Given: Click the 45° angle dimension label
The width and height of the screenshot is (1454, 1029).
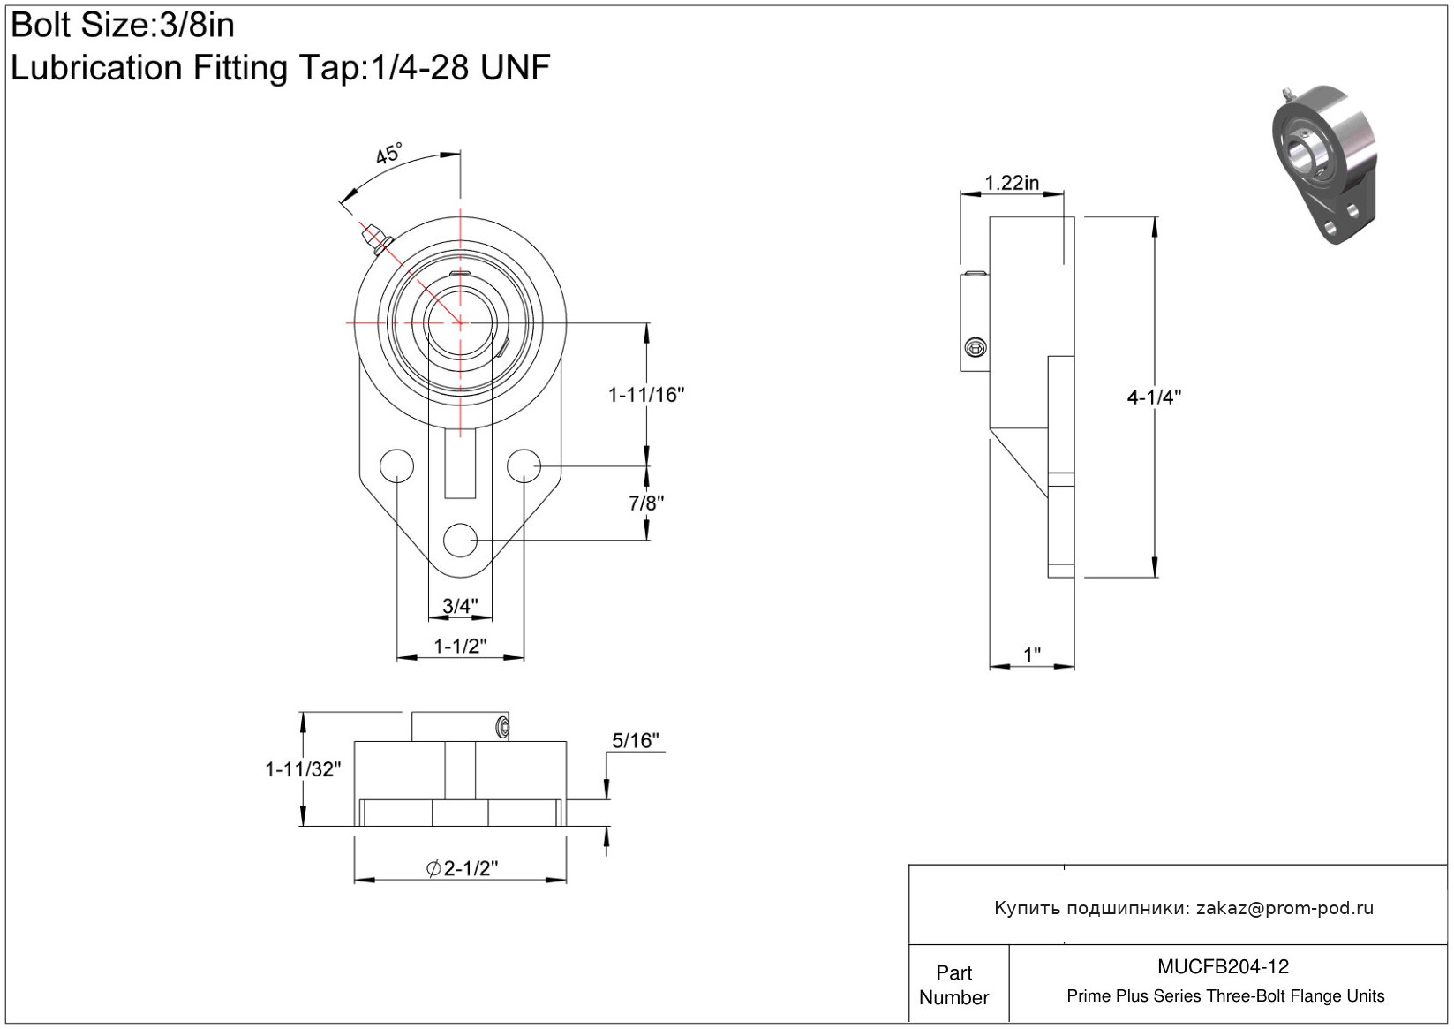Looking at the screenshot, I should [389, 154].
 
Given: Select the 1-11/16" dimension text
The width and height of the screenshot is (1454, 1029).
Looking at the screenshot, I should [646, 395].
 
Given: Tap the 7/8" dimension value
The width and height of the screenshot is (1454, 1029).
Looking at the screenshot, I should [646, 503].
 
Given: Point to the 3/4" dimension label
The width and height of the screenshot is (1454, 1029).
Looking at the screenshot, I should [460, 606].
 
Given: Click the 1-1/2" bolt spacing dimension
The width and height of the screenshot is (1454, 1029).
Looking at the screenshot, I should [460, 646].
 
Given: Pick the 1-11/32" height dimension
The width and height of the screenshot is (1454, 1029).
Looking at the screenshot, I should [303, 769].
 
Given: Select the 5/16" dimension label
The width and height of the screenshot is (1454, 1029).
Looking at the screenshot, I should [636, 740].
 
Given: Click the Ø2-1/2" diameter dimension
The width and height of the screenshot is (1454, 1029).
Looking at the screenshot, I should [462, 868].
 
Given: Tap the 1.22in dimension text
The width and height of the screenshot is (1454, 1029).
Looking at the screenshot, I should [1012, 183].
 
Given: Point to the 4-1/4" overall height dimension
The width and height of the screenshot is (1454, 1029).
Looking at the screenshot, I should [1154, 397].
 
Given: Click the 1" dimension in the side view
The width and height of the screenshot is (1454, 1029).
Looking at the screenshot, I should [1031, 654].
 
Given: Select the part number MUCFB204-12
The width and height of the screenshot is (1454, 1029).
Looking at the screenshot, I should [1223, 967].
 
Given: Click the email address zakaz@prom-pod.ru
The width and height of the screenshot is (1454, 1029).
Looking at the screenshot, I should [1284, 908].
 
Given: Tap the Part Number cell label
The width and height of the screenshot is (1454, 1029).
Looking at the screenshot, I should [953, 985].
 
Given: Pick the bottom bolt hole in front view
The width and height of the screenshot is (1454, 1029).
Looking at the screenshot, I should [460, 540].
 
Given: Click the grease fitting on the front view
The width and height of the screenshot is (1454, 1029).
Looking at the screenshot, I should [375, 238].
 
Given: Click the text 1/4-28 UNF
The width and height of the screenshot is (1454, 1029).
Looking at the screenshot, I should [458, 67].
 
